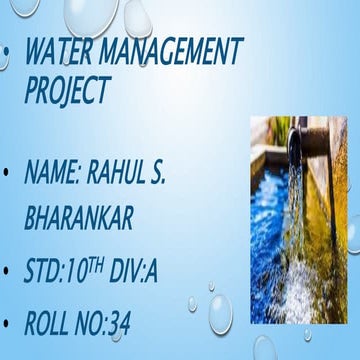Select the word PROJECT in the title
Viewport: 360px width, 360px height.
[x=66, y=91]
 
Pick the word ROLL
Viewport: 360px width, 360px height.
[x=54, y=323]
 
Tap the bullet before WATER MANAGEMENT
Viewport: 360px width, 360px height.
[x=8, y=49]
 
